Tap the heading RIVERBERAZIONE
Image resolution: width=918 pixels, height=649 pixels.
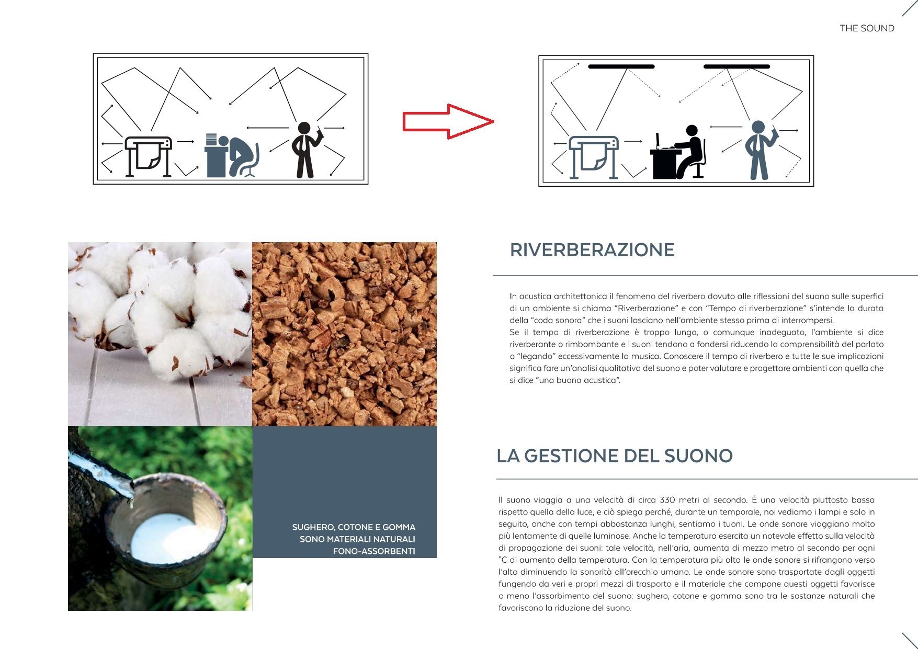[592, 250]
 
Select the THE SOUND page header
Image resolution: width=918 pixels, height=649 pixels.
[867, 28]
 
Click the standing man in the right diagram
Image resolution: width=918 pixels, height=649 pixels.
[760, 150]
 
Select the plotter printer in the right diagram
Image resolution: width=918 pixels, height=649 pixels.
[594, 157]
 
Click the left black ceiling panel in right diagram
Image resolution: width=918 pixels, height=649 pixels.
[621, 66]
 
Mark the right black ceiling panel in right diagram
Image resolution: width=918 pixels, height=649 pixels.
[736, 66]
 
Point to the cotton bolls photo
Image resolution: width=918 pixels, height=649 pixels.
[160, 334]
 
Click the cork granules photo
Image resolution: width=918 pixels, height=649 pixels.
[344, 334]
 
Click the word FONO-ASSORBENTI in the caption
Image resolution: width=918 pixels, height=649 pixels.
[374, 551]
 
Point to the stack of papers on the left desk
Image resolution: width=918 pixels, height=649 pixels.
[211, 140]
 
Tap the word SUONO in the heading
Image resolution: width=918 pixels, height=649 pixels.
[698, 456]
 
